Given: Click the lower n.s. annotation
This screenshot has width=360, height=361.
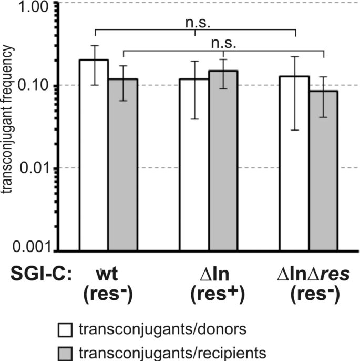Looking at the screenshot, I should (223, 44).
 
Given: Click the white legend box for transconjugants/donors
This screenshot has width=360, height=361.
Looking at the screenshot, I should (65, 330).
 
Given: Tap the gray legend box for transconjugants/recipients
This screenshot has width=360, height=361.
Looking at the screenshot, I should (65, 352).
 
